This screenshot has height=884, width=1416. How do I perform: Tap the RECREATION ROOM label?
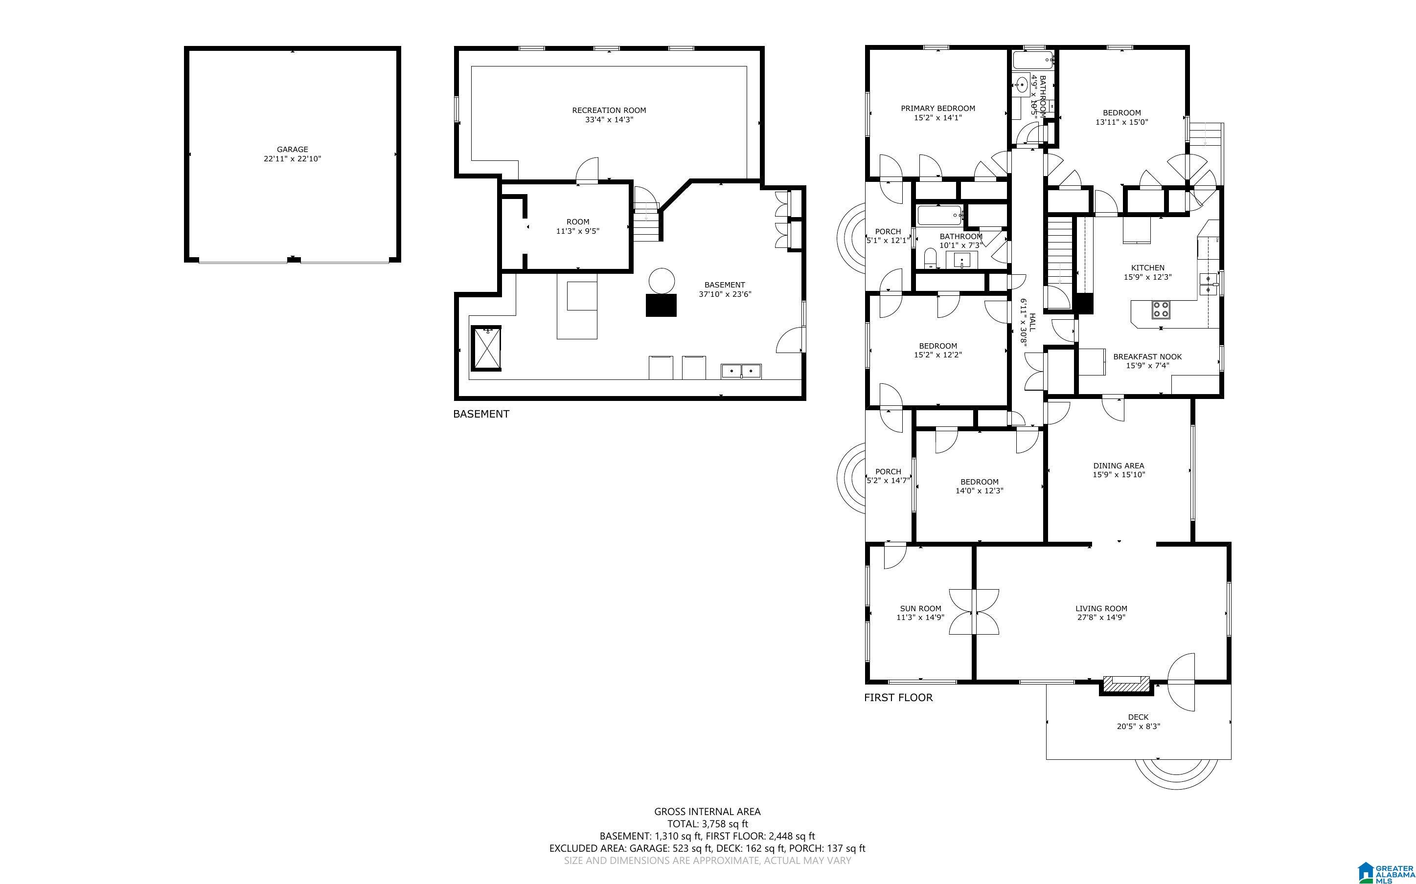(609, 110)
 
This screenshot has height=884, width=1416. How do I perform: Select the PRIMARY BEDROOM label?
(937, 108)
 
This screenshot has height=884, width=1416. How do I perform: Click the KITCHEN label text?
(1147, 268)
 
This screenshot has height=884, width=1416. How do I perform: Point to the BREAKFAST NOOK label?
(1147, 356)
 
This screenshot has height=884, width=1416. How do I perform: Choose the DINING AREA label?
(1119, 466)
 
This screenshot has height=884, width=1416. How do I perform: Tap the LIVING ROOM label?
(1101, 609)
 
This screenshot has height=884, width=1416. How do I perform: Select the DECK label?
(1138, 717)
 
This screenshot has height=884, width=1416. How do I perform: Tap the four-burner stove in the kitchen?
(1161, 310)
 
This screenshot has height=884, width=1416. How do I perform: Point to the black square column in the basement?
(661, 305)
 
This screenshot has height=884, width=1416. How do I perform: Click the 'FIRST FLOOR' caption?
(898, 698)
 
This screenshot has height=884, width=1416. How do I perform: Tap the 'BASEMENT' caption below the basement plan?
(481, 414)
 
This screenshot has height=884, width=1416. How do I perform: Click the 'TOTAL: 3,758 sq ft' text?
(708, 824)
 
